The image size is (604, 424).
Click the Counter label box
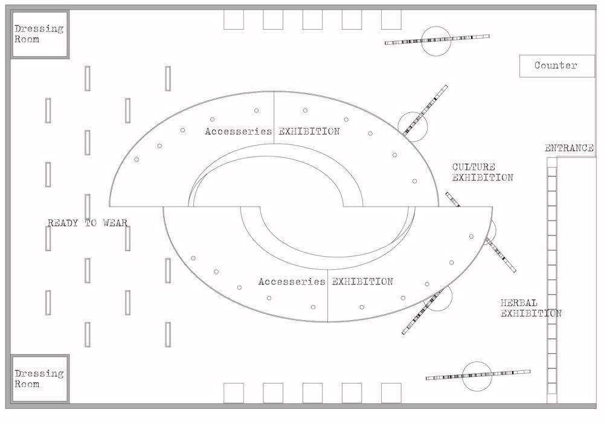[x=557, y=66]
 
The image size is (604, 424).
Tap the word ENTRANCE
[x=569, y=148]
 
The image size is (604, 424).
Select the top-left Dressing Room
[x=40, y=34]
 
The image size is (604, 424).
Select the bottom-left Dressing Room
[x=40, y=379]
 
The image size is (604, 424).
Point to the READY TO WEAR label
[x=88, y=223]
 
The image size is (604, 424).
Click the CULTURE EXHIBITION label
[x=483, y=172]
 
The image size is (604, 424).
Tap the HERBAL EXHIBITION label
[x=531, y=308]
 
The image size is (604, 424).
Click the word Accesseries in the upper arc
[x=239, y=131]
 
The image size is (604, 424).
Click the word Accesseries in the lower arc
[x=292, y=281]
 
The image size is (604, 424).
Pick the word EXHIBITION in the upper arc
[x=309, y=131]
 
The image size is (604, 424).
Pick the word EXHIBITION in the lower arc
[x=362, y=281]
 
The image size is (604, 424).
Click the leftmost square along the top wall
[x=234, y=20]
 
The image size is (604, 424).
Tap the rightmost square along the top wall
[x=391, y=20]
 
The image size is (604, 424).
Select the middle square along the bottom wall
[x=312, y=393]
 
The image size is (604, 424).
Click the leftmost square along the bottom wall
[x=234, y=393]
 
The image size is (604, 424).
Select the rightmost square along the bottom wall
[x=391, y=393]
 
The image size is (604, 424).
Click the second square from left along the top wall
[x=273, y=20]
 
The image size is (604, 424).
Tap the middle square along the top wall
[x=312, y=20]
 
